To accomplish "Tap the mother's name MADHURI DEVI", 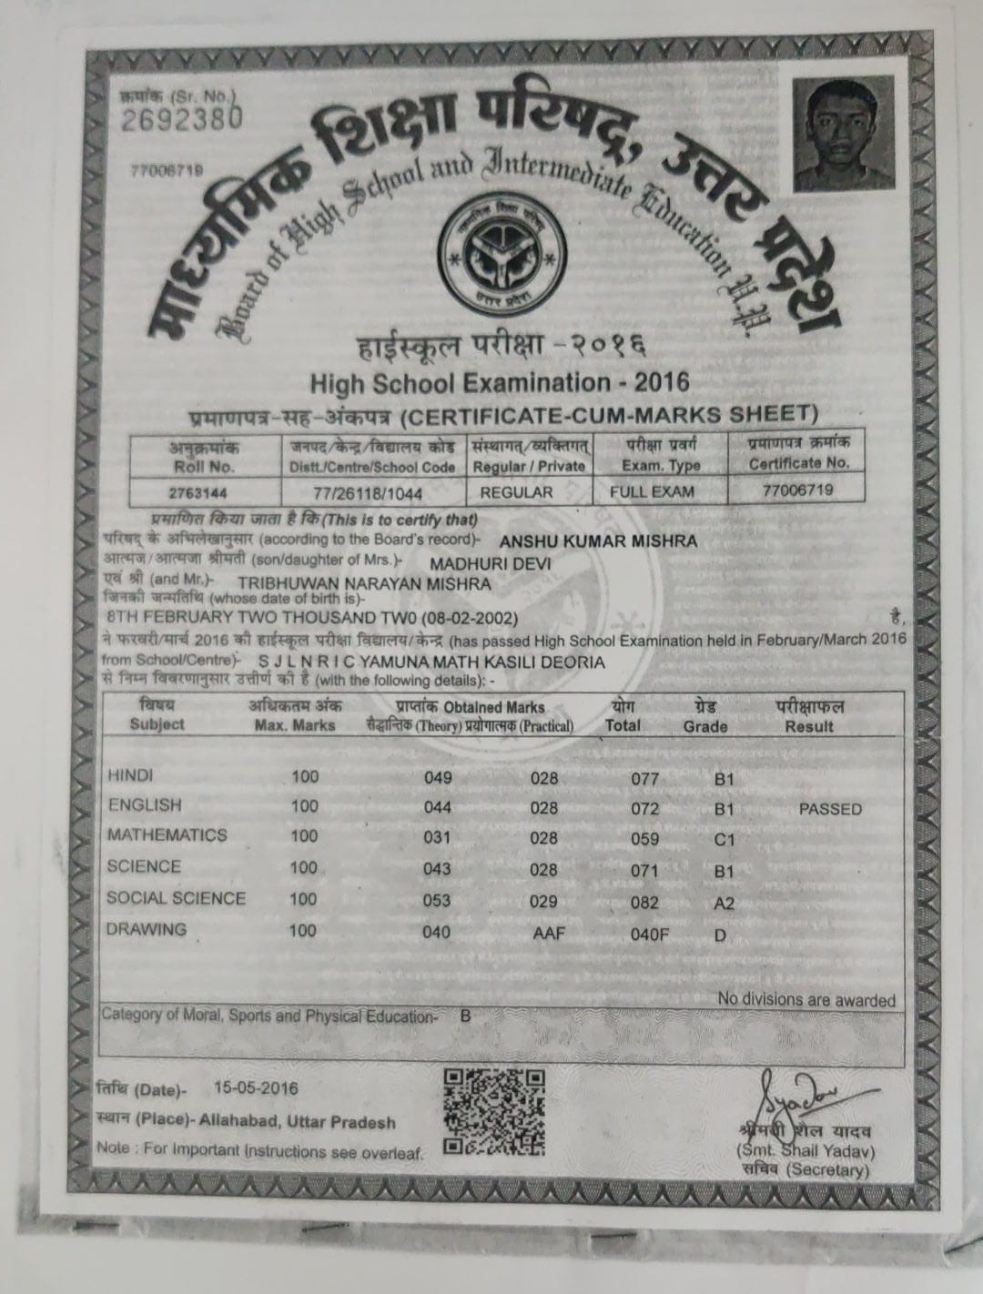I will point(496,564).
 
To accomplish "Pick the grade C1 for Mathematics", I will point(725,839).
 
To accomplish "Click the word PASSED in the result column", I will point(830,809).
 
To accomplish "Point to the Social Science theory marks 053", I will point(437,901).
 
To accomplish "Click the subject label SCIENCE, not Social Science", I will point(144,866).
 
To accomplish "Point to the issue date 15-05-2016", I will point(256,1087).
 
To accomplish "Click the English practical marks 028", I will point(544,808).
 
